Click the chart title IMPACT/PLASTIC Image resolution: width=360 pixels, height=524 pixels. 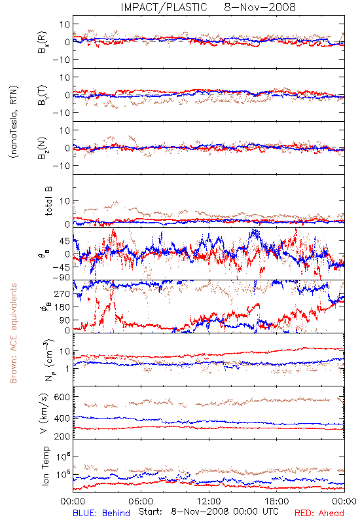tap(164, 7)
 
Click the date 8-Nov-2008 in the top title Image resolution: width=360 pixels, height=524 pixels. tap(260, 7)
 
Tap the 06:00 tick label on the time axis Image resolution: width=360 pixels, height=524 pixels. tap(141, 501)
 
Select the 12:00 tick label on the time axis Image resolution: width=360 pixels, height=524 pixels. tap(209, 501)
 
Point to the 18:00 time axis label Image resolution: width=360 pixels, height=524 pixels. tap(277, 501)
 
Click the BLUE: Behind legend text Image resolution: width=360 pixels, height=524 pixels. tap(101, 513)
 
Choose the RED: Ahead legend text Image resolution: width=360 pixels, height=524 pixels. tap(319, 513)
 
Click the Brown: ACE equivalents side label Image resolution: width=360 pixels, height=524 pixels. tap(13, 333)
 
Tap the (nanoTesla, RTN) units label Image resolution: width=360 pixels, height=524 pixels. tap(14, 122)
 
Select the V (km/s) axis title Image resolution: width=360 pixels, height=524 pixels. tap(44, 414)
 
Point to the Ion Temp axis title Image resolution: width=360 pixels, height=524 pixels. tap(45, 466)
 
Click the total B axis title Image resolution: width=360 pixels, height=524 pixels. tap(48, 201)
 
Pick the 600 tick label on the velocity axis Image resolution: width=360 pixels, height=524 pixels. tap(62, 397)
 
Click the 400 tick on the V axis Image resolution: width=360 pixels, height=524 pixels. tap(62, 419)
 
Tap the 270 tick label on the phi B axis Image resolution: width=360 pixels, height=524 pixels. tap(62, 293)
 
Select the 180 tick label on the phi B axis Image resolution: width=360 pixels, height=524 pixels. tap(62, 307)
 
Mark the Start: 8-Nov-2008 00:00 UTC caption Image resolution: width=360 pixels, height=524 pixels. tap(207, 512)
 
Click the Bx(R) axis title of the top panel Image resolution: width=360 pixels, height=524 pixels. tap(43, 43)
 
